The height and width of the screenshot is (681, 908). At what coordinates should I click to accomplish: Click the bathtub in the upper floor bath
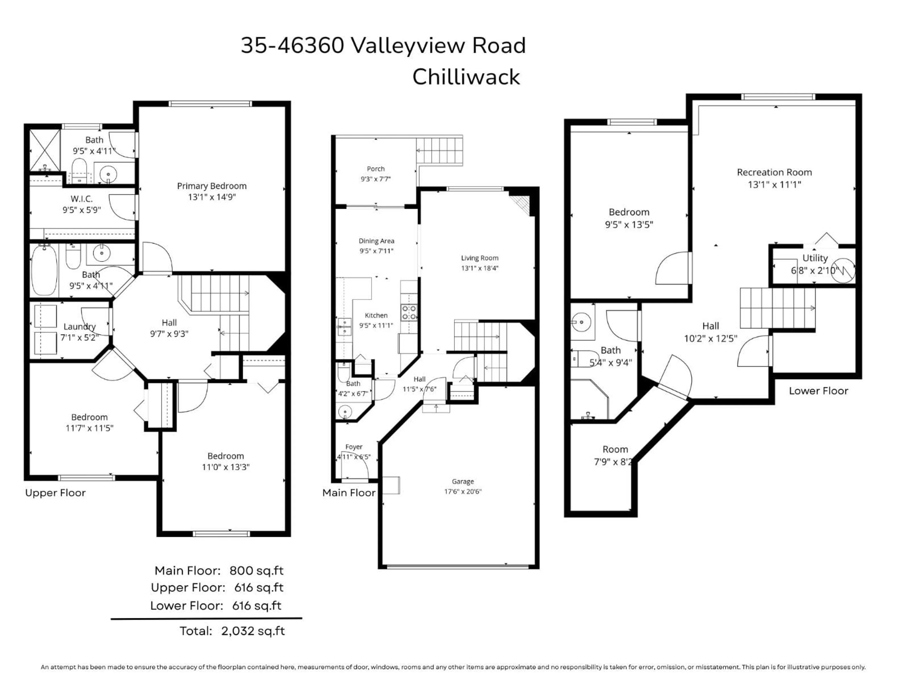(x=44, y=270)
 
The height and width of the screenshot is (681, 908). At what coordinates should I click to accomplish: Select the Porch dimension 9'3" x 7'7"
(x=375, y=179)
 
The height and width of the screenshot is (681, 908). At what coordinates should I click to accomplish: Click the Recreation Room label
(x=774, y=172)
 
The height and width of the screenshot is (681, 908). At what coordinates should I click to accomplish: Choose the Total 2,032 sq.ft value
(x=253, y=631)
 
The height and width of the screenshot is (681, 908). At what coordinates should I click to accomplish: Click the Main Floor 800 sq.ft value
(x=256, y=571)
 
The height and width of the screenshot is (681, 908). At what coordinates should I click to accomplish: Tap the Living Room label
(x=480, y=258)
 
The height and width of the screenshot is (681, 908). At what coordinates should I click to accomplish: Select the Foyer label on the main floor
(x=354, y=447)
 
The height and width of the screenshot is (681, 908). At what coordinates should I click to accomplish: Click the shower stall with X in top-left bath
(x=45, y=150)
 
